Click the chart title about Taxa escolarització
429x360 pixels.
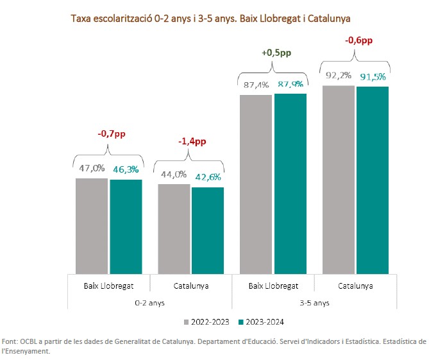click(214, 18)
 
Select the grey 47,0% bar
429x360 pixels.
click(92, 225)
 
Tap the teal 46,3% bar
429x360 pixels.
click(126, 226)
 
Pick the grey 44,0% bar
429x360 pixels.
click(174, 228)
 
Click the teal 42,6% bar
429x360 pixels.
click(208, 230)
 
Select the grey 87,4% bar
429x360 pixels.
click(257, 184)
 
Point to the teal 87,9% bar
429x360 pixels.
click(290, 184)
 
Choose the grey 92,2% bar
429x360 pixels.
click(339, 179)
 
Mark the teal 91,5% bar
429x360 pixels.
click(373, 180)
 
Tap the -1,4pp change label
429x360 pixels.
click(191, 141)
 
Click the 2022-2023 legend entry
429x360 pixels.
click(207, 321)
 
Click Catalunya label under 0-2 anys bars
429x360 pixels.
click(191, 286)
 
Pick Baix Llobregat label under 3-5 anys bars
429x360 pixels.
click(273, 286)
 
